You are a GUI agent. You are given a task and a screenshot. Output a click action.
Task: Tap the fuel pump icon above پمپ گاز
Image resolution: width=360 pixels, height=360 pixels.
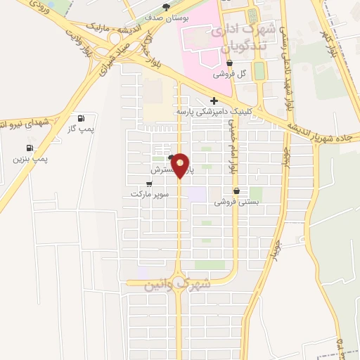click(x=82, y=118)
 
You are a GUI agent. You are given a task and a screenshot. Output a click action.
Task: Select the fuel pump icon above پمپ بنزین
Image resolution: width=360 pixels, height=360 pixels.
click(x=30, y=148)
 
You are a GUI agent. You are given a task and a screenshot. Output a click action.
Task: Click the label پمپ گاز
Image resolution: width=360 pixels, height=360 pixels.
click(x=82, y=129)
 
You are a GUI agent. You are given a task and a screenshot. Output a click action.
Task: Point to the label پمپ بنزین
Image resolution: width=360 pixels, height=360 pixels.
click(x=30, y=159)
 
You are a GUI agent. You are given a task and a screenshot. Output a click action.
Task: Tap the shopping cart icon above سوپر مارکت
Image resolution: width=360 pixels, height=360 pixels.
click(x=148, y=184)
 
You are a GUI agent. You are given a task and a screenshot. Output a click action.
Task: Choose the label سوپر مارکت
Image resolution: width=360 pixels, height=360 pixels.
click(x=146, y=193)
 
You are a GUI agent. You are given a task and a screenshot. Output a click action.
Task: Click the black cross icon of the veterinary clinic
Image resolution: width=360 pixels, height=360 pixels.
click(x=214, y=101)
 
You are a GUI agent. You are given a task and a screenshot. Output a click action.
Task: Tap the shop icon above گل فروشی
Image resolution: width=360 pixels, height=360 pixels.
click(x=230, y=63)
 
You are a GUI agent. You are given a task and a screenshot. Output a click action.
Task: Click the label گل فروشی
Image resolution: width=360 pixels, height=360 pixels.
click(x=233, y=73)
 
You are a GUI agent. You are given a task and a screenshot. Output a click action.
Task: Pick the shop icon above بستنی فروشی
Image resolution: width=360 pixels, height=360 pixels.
click(x=236, y=191)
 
